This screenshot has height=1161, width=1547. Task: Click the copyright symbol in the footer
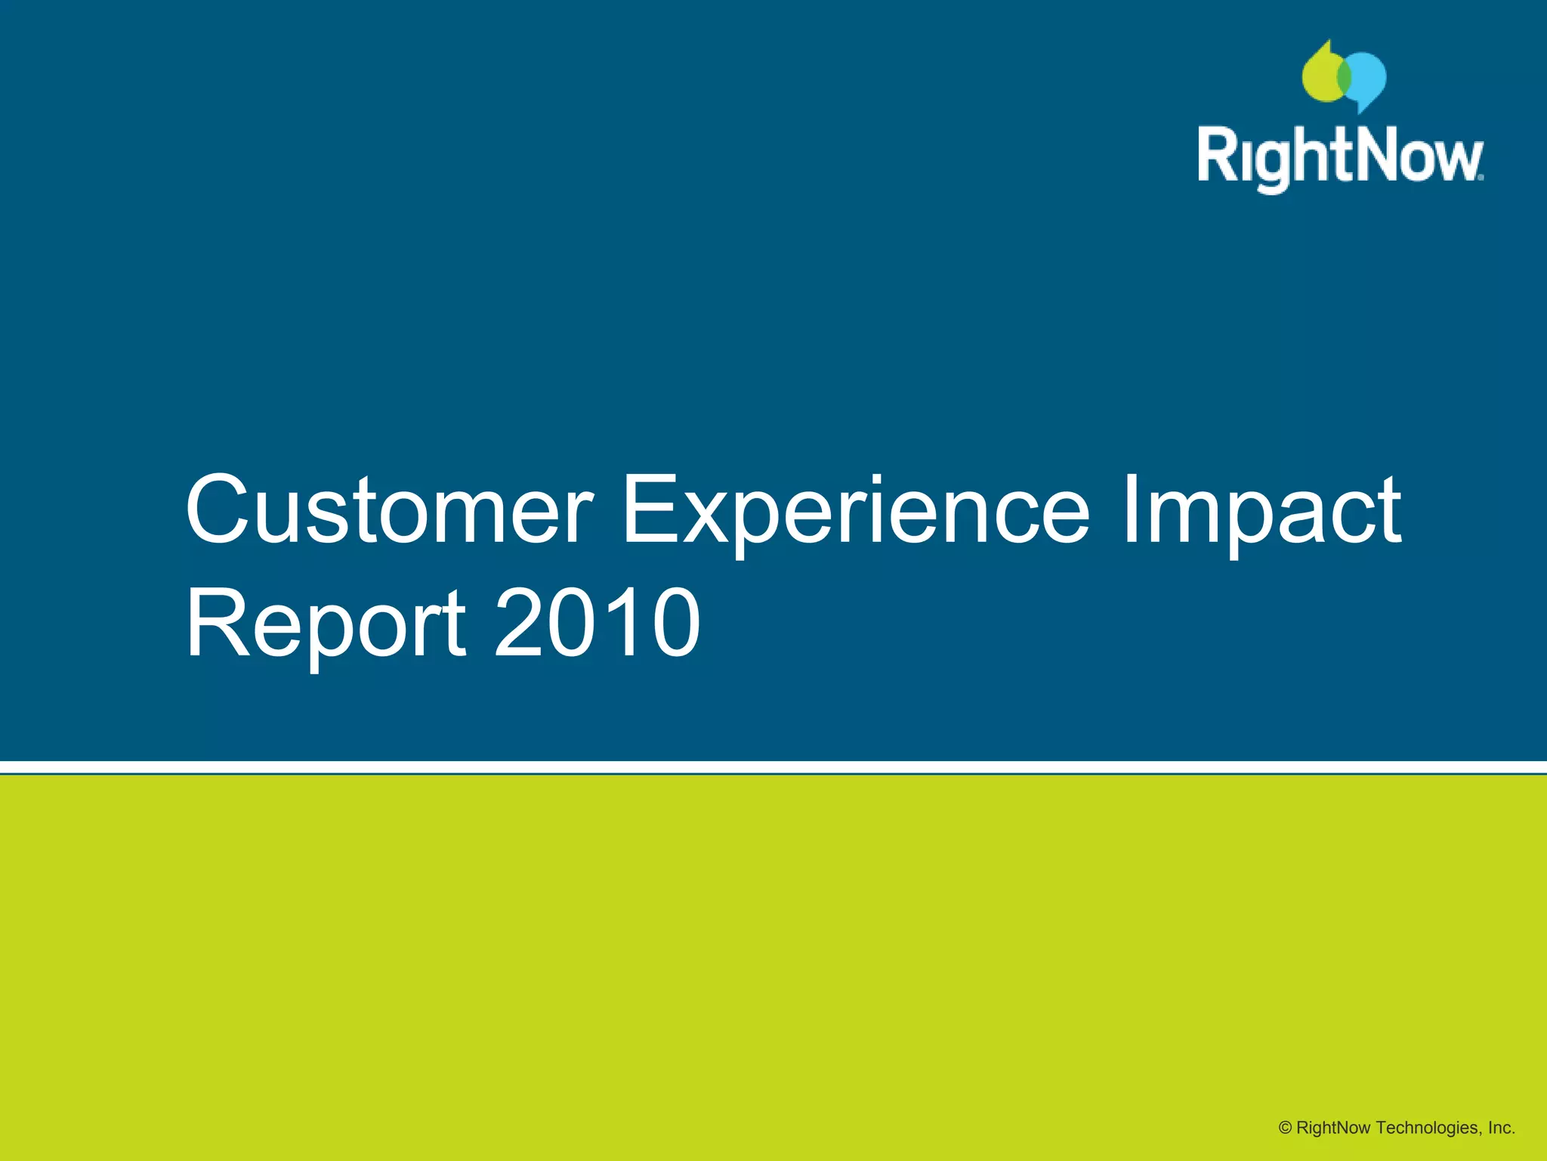(x=1285, y=1128)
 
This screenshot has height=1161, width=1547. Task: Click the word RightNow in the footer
(x=1333, y=1128)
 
